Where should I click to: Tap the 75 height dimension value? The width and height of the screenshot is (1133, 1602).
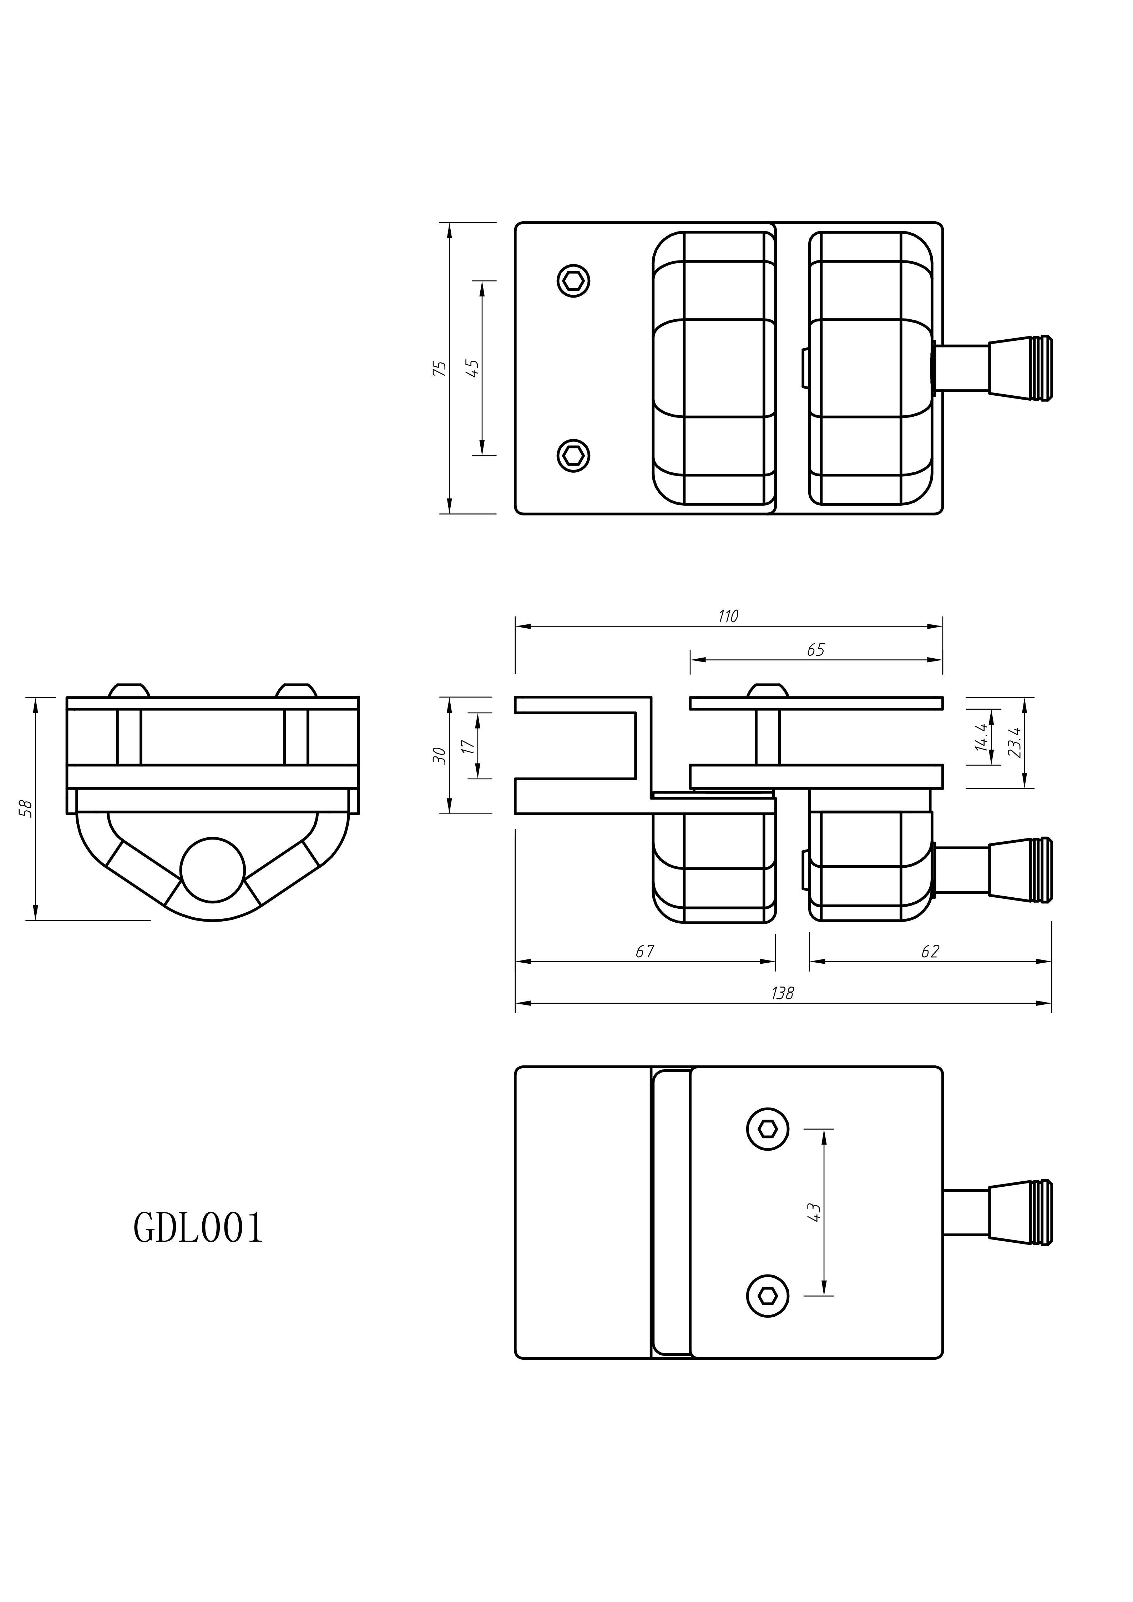439,369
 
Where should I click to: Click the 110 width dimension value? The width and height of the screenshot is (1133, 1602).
728,616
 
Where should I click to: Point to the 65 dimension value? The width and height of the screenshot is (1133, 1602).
815,650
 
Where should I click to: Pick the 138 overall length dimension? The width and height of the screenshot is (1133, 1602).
782,993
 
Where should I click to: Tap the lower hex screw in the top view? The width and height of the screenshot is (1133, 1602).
573,456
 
